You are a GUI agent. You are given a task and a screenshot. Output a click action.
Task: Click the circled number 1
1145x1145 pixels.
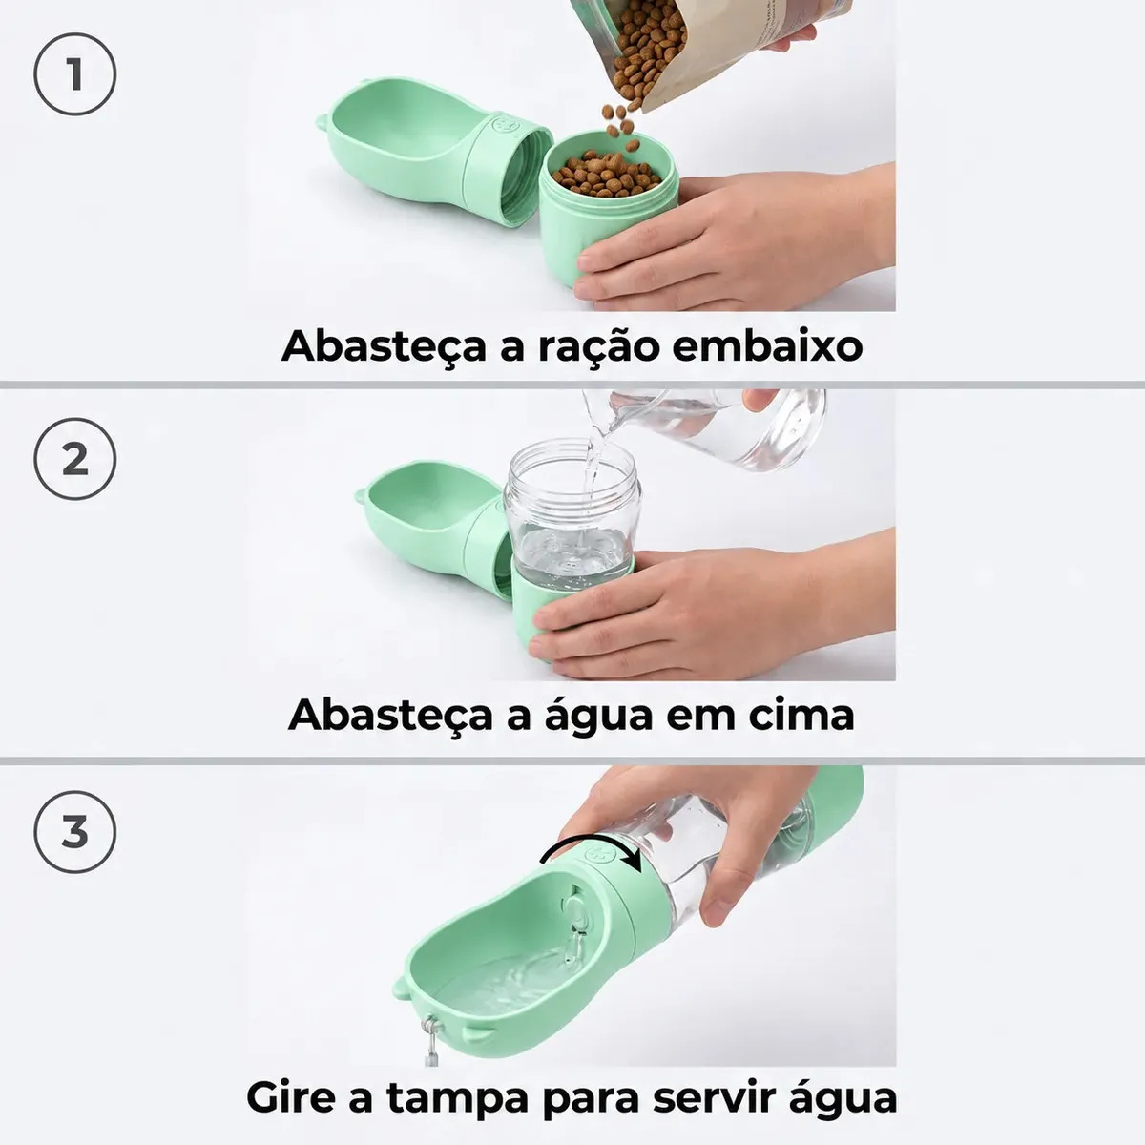(74, 74)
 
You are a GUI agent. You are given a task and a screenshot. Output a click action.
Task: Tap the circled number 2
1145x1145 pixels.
(74, 459)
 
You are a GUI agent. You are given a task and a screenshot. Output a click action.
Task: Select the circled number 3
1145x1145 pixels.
(74, 832)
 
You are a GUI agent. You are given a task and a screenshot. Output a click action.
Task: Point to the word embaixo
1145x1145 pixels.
(767, 345)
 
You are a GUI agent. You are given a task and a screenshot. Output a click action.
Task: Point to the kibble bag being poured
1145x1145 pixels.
(713, 48)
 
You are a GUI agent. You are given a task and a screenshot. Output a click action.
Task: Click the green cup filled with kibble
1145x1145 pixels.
(607, 208)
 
